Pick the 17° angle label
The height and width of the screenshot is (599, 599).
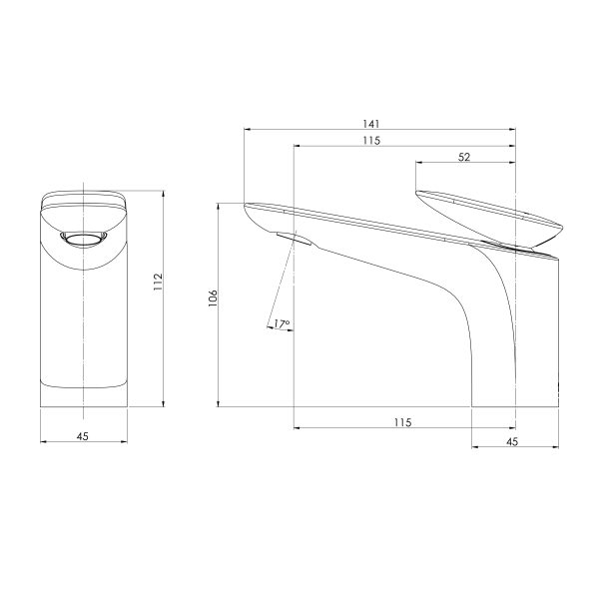(281, 323)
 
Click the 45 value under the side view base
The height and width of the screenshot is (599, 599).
(513, 440)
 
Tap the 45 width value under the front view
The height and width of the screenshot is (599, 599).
(83, 434)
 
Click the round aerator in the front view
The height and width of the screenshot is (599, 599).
(83, 238)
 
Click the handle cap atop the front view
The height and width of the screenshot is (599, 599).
(83, 202)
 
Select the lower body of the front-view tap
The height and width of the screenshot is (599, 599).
(83, 339)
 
